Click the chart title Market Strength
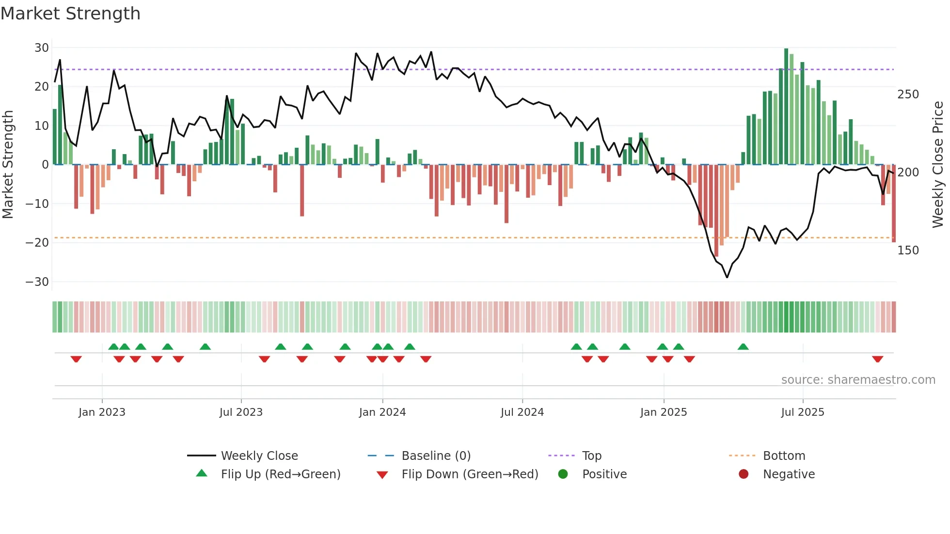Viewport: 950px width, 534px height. [x=70, y=14]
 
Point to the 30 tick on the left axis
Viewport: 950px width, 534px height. [x=42, y=48]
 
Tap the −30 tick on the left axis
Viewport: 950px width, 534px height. [x=37, y=282]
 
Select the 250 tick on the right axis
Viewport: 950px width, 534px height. [x=908, y=94]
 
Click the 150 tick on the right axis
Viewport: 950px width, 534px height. [x=908, y=251]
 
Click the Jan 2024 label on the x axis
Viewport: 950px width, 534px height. [x=382, y=412]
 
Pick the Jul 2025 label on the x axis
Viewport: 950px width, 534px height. [x=803, y=412]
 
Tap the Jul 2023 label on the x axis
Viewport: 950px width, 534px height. [x=241, y=412]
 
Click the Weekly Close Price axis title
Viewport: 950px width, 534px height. [x=938, y=165]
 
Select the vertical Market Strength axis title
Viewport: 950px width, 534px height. [x=8, y=165]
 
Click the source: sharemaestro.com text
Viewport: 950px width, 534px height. [x=858, y=380]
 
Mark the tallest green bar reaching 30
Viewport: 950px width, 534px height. [x=786, y=107]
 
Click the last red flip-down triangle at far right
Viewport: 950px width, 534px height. [x=877, y=359]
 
